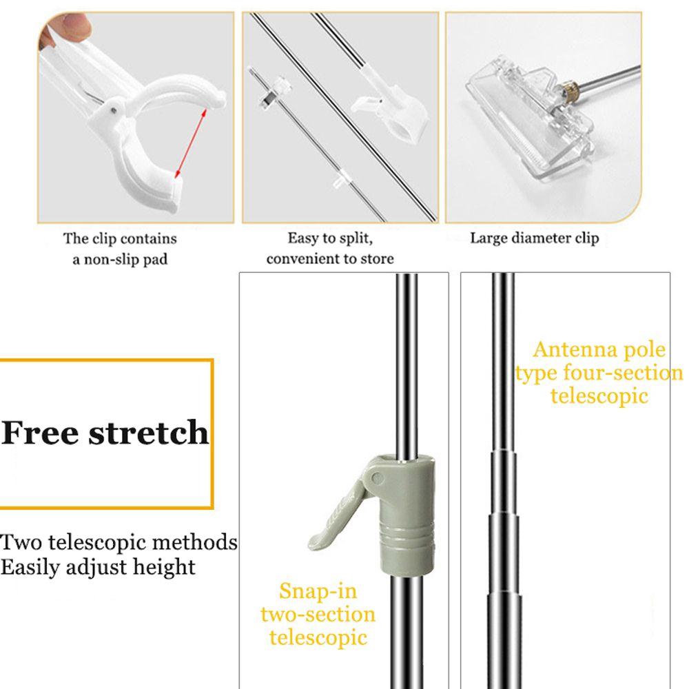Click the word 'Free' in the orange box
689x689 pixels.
click(x=40, y=432)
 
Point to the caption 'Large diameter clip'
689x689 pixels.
click(x=534, y=238)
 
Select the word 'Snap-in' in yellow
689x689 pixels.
click(x=318, y=590)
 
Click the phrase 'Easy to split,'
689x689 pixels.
click(x=330, y=238)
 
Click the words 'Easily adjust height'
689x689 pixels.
click(x=98, y=567)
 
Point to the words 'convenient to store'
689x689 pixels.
click(x=330, y=259)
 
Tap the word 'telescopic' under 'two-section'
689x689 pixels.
click(x=318, y=637)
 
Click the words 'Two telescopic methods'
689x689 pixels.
click(x=119, y=542)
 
